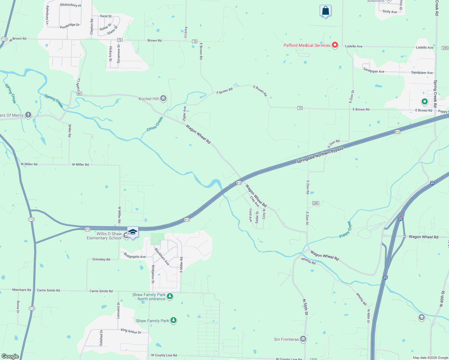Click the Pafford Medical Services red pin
(335, 45)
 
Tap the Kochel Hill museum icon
(163, 98)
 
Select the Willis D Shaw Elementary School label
(104, 236)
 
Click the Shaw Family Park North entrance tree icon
(170, 297)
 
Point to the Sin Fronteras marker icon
(303, 339)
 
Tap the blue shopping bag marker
(325, 11)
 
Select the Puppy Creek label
(345, 229)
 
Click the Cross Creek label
(155, 124)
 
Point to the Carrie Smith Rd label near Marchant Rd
(48, 290)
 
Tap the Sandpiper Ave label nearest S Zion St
(374, 71)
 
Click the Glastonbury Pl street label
(70, 5)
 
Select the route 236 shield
(315, 203)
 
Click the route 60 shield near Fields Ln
(79, 94)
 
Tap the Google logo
(10, 356)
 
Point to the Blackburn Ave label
(162, 256)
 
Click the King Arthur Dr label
(131, 331)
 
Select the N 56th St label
(305, 307)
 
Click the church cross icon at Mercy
(28, 115)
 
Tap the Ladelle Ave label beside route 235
(424, 47)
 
